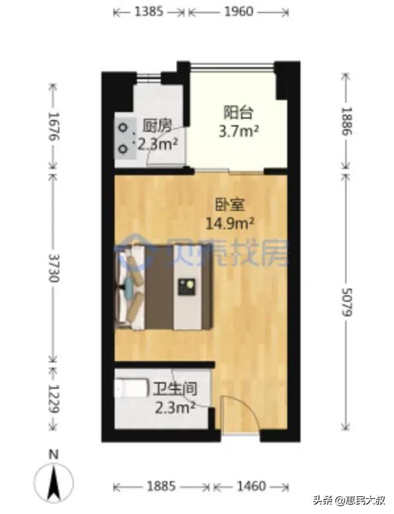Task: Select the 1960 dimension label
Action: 238,12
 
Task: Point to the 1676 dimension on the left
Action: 53,128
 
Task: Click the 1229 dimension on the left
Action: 53,399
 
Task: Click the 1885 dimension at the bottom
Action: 161,486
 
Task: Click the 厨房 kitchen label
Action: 155,127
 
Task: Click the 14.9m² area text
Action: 231,222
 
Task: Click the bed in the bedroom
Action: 165,288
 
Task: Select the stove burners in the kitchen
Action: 124,138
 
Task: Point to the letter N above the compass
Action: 56,455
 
